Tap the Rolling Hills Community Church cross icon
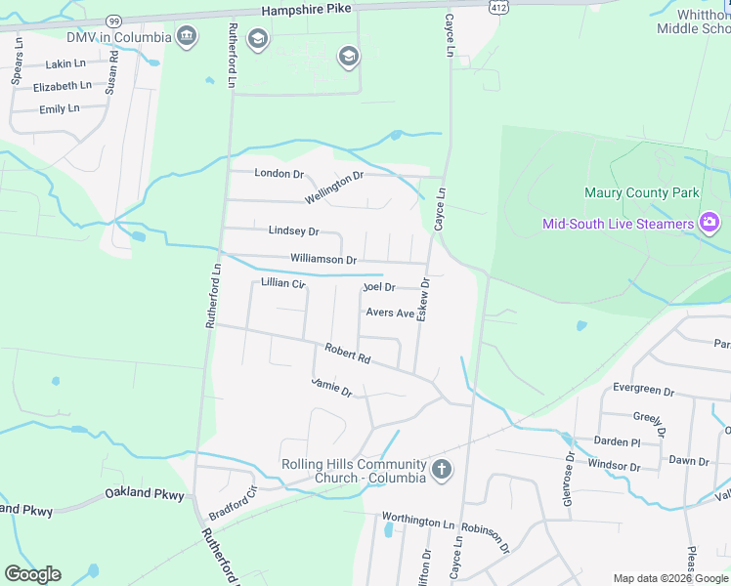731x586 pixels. (x=441, y=470)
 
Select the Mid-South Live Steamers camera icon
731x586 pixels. (x=709, y=223)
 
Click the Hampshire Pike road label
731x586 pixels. (x=307, y=10)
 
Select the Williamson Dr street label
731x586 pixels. (x=323, y=260)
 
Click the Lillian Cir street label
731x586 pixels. (x=283, y=283)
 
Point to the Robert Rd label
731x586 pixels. (x=348, y=354)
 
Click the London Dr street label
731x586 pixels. (x=279, y=174)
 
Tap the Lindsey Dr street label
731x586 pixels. (x=293, y=231)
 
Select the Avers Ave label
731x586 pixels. (x=391, y=313)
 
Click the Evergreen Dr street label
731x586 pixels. (x=643, y=389)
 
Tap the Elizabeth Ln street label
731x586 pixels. (x=62, y=86)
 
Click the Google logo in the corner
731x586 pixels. (x=32, y=574)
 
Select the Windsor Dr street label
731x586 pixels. (x=615, y=467)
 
